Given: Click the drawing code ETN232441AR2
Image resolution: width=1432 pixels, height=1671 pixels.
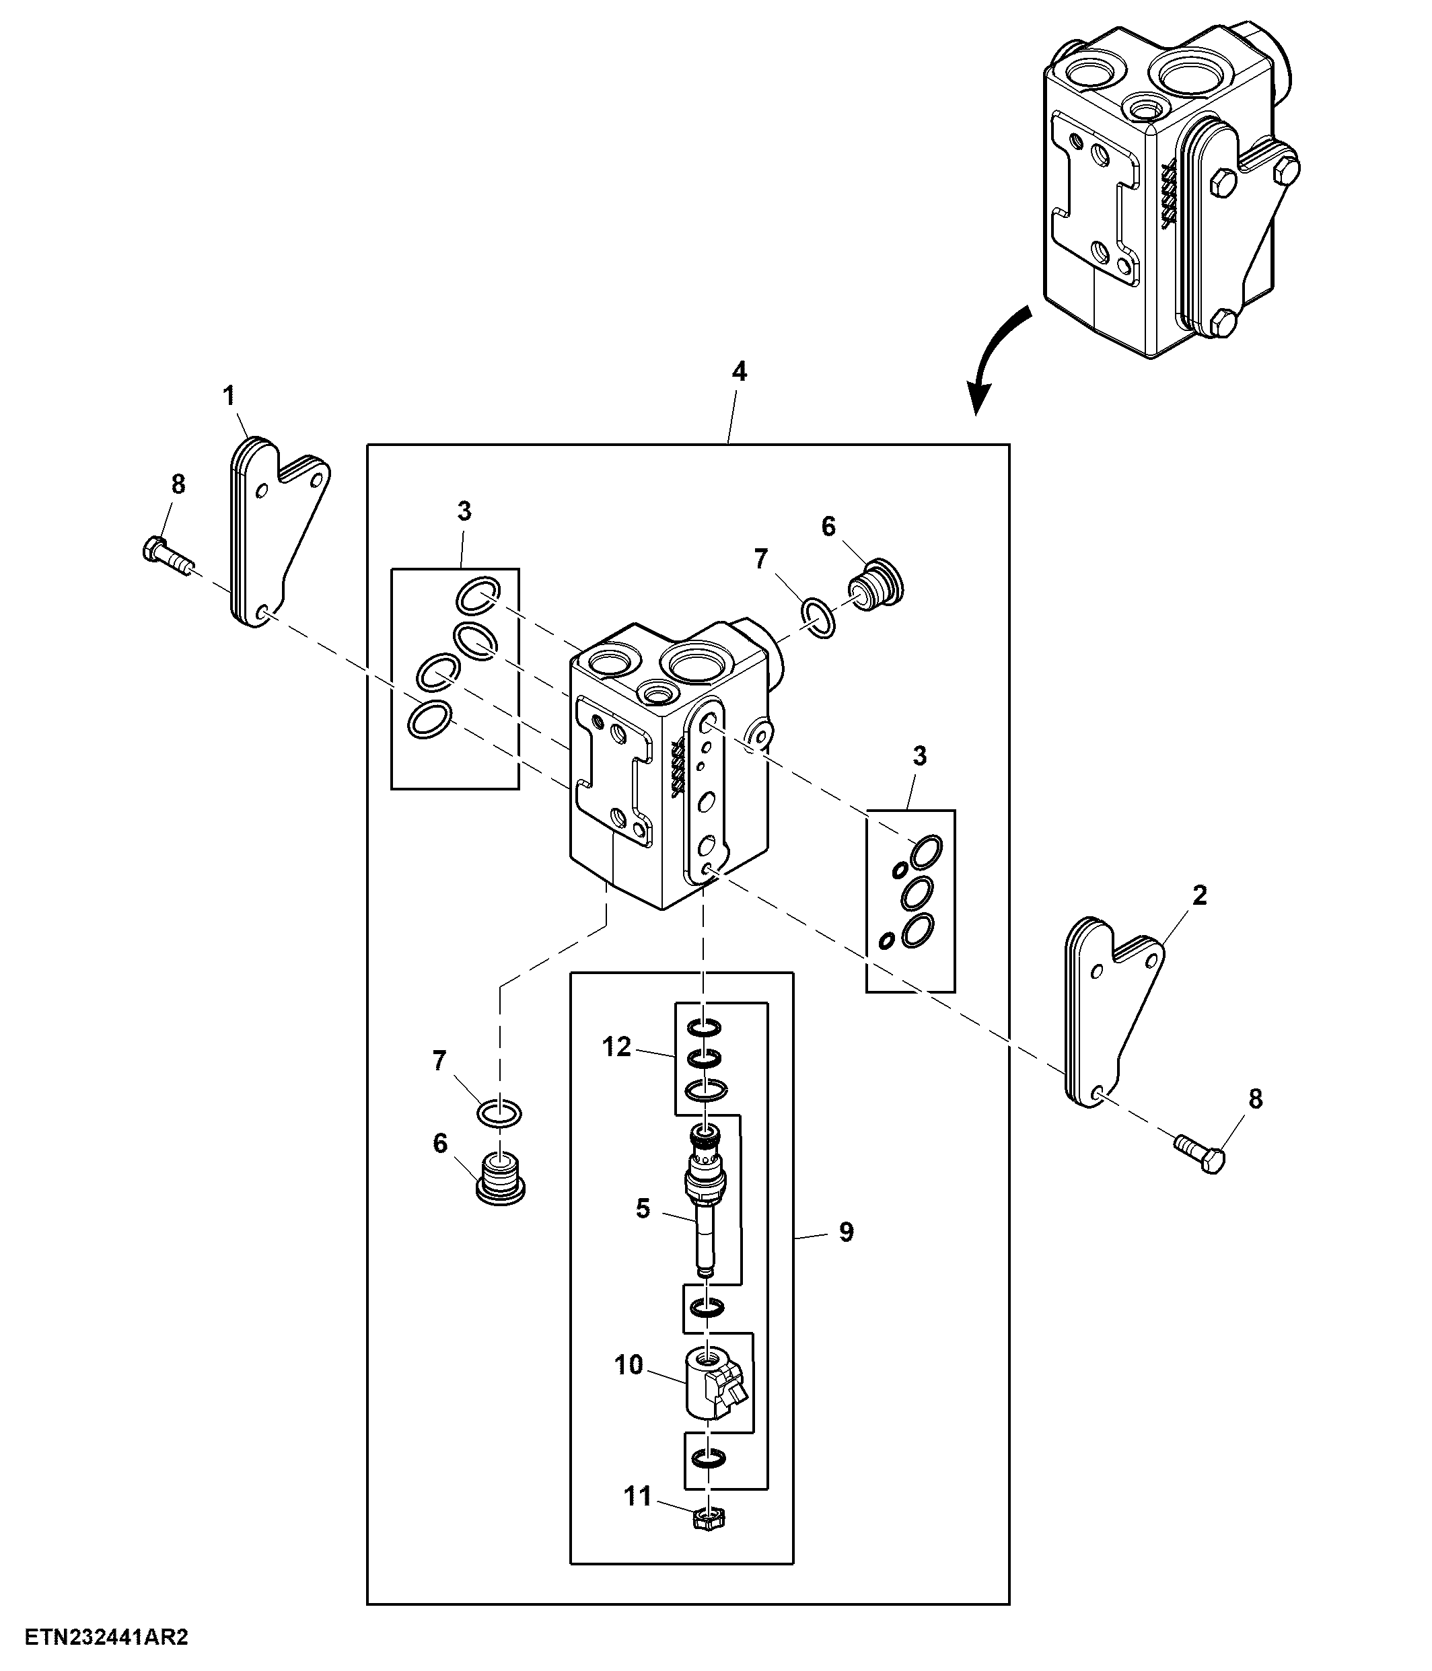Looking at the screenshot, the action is (x=106, y=1637).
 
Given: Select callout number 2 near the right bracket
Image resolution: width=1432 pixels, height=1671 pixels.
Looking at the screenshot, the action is (x=1199, y=895).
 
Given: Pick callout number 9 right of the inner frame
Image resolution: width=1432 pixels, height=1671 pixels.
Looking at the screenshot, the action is (x=845, y=1254).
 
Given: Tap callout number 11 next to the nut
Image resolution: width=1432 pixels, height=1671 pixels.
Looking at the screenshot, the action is (x=637, y=1496).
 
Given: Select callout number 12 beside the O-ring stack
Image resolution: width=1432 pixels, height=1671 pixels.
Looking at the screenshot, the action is (x=616, y=1047).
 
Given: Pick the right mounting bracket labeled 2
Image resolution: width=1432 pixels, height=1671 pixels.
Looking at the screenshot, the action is (x=1115, y=1013).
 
